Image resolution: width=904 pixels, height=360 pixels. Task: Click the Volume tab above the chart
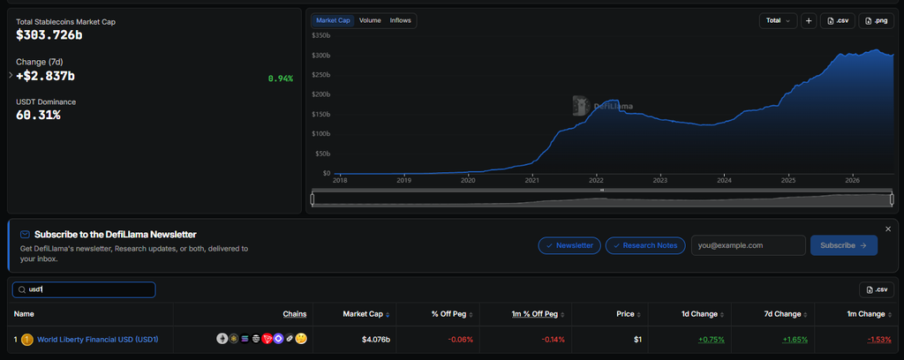coord(370,21)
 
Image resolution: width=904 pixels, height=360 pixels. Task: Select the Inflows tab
coord(400,21)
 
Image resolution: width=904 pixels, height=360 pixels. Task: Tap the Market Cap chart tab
coord(333,21)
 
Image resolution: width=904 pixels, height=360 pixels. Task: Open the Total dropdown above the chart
coord(779,21)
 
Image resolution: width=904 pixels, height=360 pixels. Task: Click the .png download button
coord(876,21)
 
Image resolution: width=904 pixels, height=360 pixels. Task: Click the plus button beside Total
coord(809,21)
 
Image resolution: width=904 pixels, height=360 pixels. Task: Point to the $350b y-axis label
coord(320,35)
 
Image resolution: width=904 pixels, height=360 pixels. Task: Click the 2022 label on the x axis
coord(596,180)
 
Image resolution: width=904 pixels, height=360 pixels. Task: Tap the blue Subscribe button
coord(844,245)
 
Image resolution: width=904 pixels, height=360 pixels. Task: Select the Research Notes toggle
coord(645,245)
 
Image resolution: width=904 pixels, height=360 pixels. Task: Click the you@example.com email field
coord(749,245)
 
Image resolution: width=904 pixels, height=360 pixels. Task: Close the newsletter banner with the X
coord(888,229)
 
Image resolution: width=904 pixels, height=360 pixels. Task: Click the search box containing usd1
coord(84,289)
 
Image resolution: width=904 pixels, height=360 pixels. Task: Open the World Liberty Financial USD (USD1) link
coord(97,339)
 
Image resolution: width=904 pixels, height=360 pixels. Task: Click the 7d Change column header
coord(782,314)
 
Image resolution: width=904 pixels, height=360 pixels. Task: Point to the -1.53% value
coord(876,339)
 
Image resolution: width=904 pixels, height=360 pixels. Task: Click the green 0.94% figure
coord(281,79)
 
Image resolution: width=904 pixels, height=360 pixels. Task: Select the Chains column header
coord(295,314)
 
